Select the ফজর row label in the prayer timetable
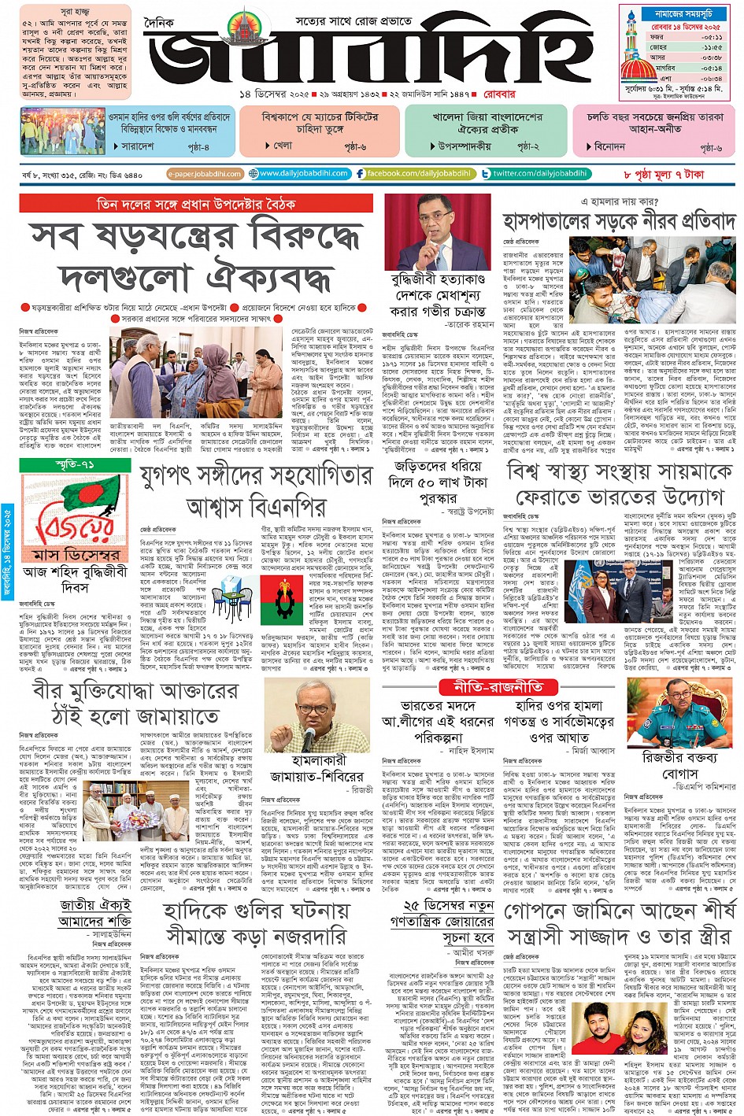(x=656, y=36)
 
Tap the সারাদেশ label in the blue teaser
(x=138, y=146)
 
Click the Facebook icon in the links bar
(x=360, y=173)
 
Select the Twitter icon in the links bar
(x=487, y=173)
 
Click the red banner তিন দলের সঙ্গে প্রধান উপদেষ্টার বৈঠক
(x=196, y=204)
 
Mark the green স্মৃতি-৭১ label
(x=76, y=465)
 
